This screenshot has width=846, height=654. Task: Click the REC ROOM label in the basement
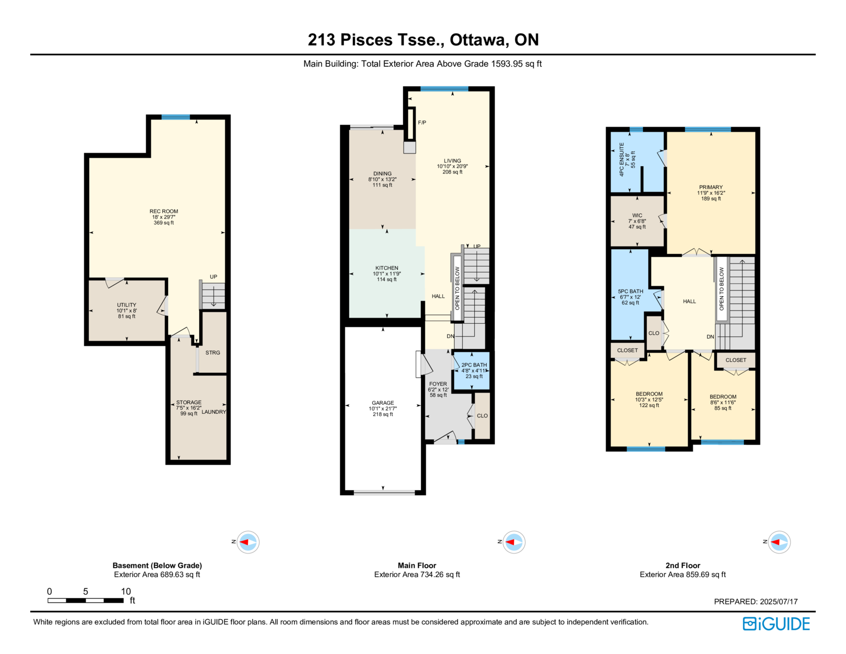click(x=163, y=211)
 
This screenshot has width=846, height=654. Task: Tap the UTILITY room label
click(x=126, y=305)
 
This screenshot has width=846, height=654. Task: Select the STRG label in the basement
click(x=213, y=352)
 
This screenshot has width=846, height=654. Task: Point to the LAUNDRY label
click(x=214, y=412)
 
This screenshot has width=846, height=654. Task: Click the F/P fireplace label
click(x=422, y=122)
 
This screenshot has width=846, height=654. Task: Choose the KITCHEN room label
click(x=387, y=268)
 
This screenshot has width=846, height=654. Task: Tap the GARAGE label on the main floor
click(x=383, y=403)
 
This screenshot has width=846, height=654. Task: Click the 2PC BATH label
click(x=474, y=365)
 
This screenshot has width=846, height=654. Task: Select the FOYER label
click(x=438, y=384)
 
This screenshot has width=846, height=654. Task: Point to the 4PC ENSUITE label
click(x=621, y=160)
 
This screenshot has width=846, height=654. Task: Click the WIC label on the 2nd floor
click(x=637, y=215)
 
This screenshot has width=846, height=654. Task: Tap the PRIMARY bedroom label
click(x=711, y=187)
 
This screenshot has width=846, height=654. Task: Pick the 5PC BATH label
click(x=630, y=292)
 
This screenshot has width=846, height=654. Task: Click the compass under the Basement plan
click(x=247, y=542)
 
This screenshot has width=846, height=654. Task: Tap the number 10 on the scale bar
click(x=126, y=591)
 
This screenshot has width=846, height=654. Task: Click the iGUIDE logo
click(x=776, y=624)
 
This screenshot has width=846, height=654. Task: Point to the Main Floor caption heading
click(x=417, y=565)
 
